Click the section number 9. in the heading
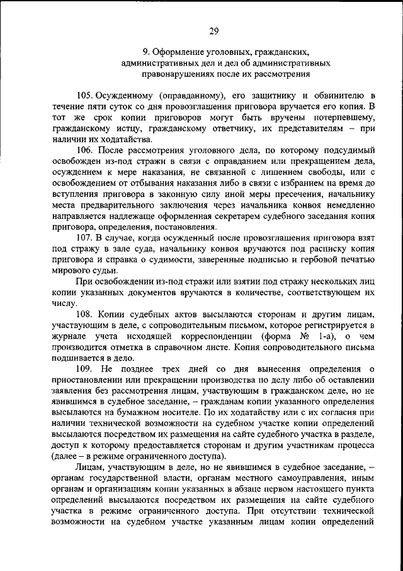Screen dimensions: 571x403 pos(145,52)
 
